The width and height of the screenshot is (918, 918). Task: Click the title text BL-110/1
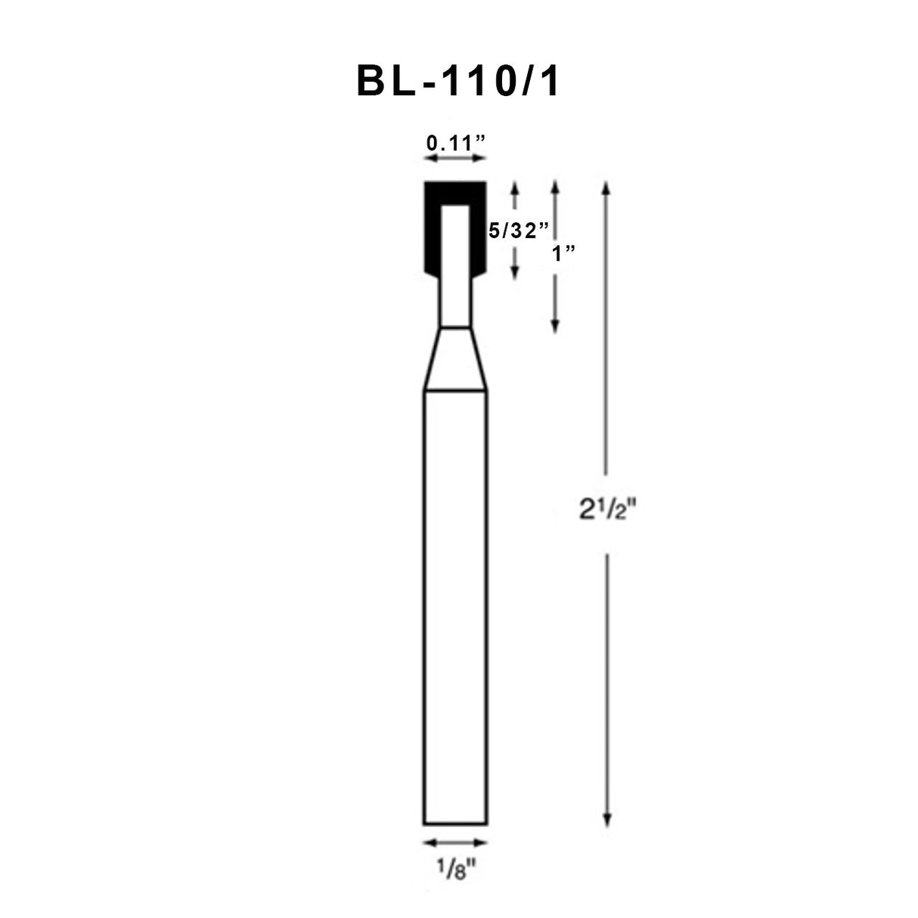point(458,82)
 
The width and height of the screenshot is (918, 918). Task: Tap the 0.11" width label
point(455,141)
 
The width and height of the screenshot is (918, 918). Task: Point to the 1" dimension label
point(561,253)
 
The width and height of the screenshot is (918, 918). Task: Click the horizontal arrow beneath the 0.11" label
point(454,158)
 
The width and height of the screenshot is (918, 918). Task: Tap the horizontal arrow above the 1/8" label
point(454,842)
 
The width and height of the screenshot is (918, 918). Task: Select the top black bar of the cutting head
point(454,191)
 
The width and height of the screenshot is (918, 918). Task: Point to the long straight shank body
point(454,605)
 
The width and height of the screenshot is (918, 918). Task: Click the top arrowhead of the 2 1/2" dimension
point(606,187)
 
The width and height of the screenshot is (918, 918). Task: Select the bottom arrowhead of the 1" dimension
point(555,327)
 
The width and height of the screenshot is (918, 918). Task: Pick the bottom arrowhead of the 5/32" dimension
point(515,274)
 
